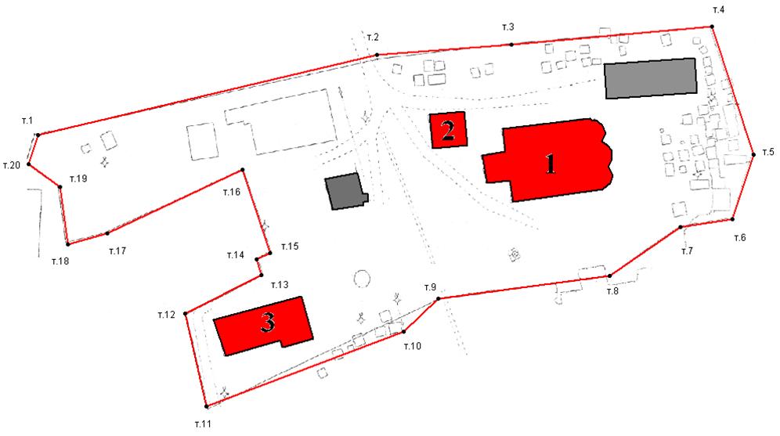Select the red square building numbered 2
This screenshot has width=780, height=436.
click(448, 130)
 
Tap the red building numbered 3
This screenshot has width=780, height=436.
click(264, 326)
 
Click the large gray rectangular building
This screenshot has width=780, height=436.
click(650, 78)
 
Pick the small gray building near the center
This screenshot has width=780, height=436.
click(345, 191)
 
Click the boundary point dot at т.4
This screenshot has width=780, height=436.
click(713, 27)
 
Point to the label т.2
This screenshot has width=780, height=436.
click(373, 38)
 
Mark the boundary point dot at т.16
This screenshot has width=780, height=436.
click(243, 170)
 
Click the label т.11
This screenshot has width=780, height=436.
click(203, 424)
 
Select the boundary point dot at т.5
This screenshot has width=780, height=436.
click(753, 155)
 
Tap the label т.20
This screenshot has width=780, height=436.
click(12, 165)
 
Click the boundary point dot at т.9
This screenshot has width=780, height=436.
click(439, 299)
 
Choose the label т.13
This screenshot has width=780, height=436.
click(280, 285)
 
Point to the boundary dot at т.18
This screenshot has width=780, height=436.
click(67, 244)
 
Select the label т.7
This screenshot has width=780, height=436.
click(687, 251)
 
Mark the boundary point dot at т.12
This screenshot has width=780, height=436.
click(185, 313)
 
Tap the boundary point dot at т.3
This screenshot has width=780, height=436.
click(511, 45)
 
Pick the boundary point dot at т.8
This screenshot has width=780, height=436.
click(610, 276)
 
